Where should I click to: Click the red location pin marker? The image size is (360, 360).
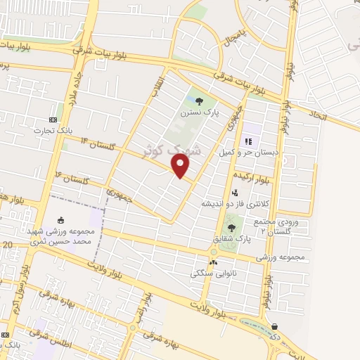coord(181,167)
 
